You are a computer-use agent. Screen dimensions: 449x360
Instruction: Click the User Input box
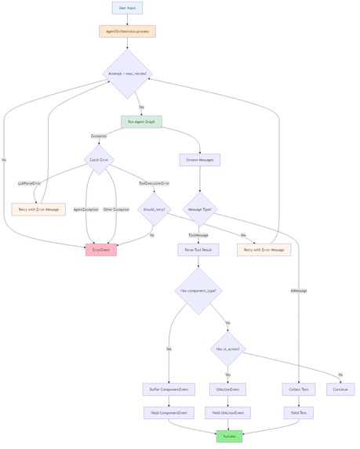(x=127, y=8)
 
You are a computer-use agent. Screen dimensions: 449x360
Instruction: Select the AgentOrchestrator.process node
(x=127, y=31)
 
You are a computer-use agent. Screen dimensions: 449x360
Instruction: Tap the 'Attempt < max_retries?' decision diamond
(x=127, y=74)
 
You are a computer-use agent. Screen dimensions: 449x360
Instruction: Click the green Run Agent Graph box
(x=141, y=121)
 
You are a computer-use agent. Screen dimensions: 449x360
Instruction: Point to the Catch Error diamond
(x=99, y=159)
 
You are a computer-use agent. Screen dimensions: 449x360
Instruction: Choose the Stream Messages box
(x=200, y=160)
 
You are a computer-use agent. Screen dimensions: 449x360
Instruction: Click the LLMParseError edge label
(x=30, y=183)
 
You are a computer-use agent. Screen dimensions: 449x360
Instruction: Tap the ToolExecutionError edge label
(x=154, y=183)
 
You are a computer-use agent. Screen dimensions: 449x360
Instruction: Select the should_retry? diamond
(x=154, y=209)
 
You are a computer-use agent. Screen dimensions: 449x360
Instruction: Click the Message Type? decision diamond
(x=200, y=209)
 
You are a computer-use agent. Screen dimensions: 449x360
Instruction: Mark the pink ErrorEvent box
(x=101, y=250)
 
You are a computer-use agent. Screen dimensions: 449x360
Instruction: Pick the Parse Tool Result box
(x=198, y=250)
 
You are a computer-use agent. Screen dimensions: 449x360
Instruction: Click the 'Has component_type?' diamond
(x=198, y=290)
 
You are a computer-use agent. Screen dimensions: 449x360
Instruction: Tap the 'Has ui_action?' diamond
(x=228, y=349)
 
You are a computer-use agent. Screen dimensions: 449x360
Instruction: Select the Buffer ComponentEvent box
(x=168, y=389)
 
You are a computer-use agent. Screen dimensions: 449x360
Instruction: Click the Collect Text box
(x=298, y=389)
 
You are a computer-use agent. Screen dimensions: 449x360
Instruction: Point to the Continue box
(x=340, y=389)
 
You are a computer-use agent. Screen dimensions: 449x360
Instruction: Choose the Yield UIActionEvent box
(x=228, y=413)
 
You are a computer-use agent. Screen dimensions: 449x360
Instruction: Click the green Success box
(x=229, y=436)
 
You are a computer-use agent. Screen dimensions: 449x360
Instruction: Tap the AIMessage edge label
(x=298, y=291)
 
